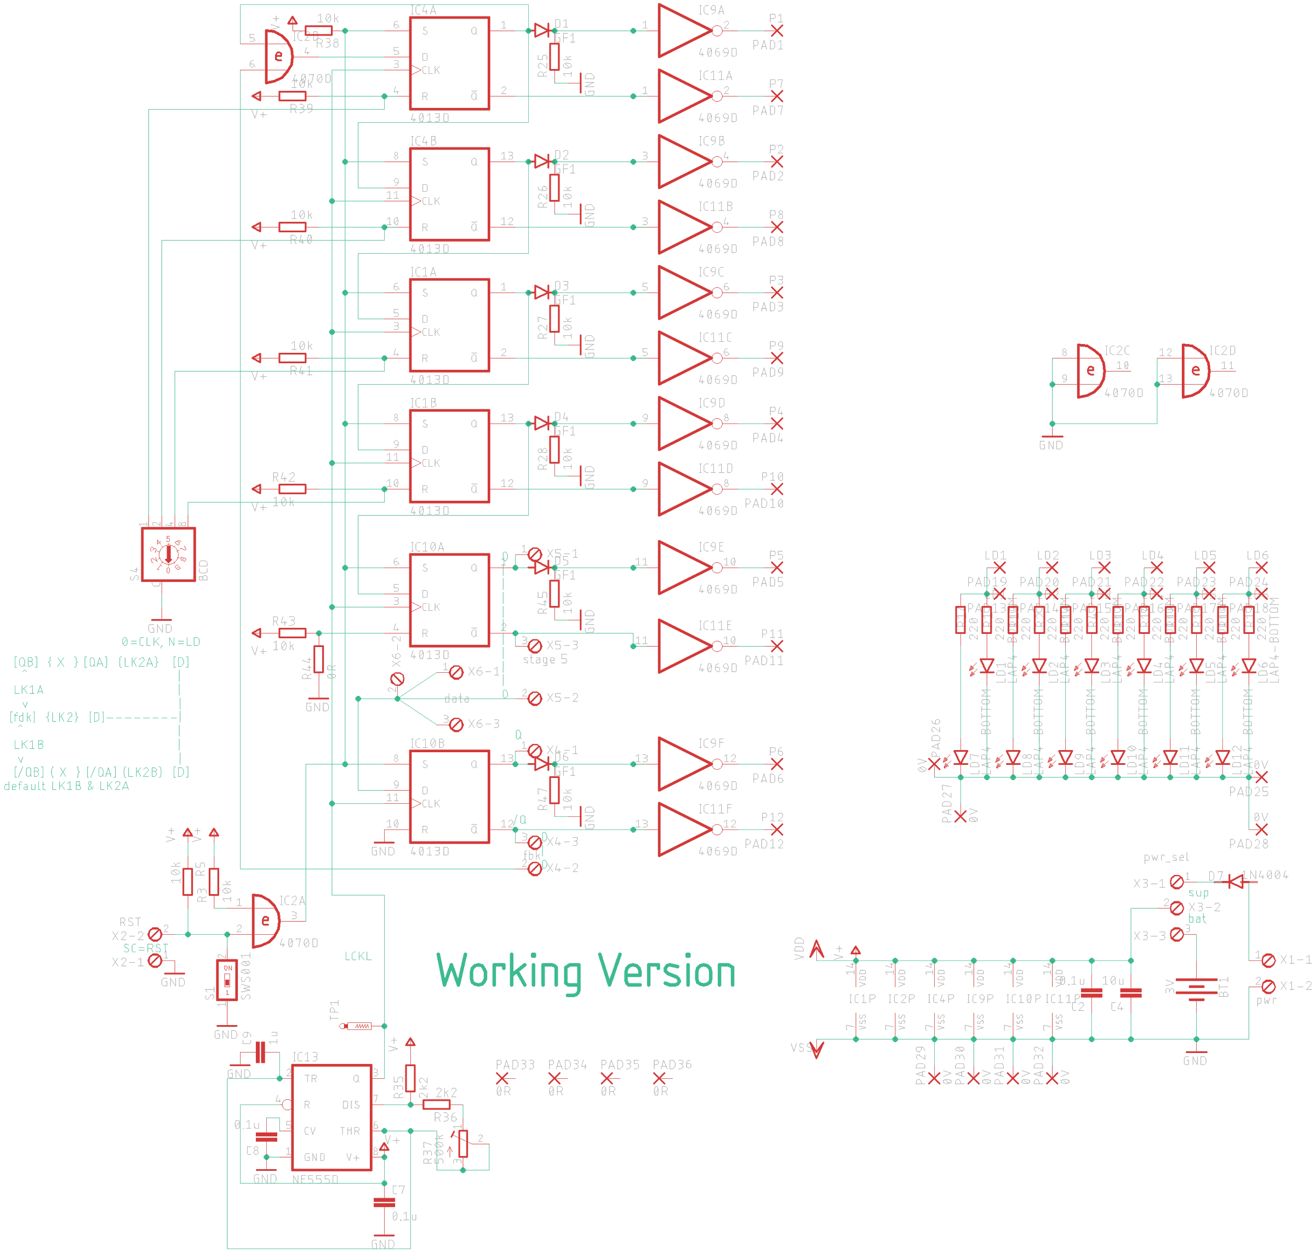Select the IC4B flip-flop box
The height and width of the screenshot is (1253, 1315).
[x=449, y=194]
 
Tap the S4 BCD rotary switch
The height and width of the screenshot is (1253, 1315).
[x=168, y=554]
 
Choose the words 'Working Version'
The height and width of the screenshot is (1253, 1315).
[x=586, y=972]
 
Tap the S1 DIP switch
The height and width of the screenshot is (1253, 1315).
[x=227, y=980]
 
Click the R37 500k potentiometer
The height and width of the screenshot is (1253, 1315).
[x=463, y=1143]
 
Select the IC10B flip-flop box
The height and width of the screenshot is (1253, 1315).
[x=449, y=796]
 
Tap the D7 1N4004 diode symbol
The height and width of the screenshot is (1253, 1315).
[x=1236, y=882]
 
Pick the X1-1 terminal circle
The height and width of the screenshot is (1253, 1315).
[x=1268, y=960]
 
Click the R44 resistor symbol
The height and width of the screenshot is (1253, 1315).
[x=318, y=659]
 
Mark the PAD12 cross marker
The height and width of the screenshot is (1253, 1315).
[x=776, y=829]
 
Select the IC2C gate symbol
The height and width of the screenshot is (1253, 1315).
[x=1090, y=371]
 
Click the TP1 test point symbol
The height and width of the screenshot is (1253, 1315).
[x=358, y=1026]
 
